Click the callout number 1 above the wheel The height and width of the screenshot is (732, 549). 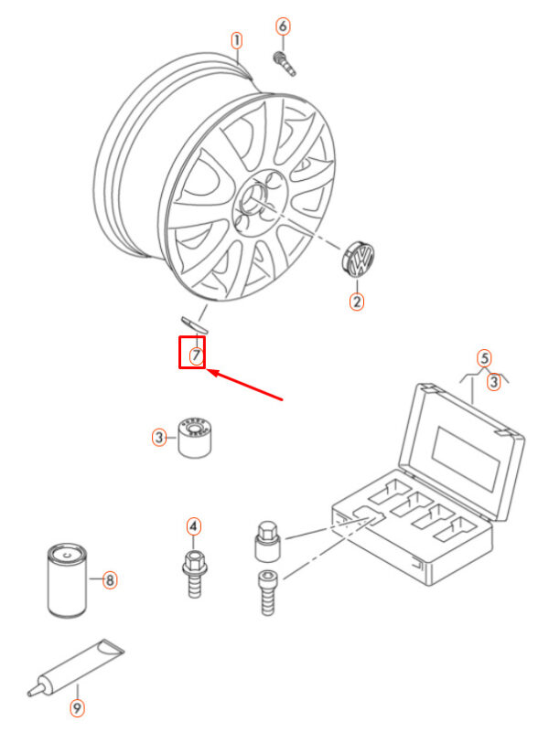pyautogui.click(x=237, y=40)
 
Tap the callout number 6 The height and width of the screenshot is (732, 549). pyautogui.click(x=283, y=27)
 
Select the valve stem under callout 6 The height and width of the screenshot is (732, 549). pyautogui.click(x=284, y=63)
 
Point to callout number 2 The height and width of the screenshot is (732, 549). pyautogui.click(x=357, y=301)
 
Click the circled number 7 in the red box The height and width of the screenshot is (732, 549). pyautogui.click(x=196, y=355)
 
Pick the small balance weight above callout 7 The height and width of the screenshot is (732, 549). pyautogui.click(x=194, y=324)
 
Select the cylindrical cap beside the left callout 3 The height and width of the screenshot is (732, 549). pyautogui.click(x=195, y=437)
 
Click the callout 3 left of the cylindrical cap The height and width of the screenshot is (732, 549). pyautogui.click(x=159, y=438)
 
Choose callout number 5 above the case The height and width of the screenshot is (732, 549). pyautogui.click(x=484, y=358)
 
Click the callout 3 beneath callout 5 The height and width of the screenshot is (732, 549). pyautogui.click(x=493, y=382)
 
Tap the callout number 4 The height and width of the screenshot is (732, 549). pyautogui.click(x=193, y=526)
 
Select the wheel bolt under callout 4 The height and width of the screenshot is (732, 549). pyautogui.click(x=194, y=574)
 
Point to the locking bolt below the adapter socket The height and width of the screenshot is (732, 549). pyautogui.click(x=268, y=593)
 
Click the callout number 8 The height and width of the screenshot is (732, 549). pyautogui.click(x=109, y=579)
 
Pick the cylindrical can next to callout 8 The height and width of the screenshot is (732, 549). pyautogui.click(x=67, y=581)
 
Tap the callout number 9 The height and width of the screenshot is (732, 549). pyautogui.click(x=78, y=707)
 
